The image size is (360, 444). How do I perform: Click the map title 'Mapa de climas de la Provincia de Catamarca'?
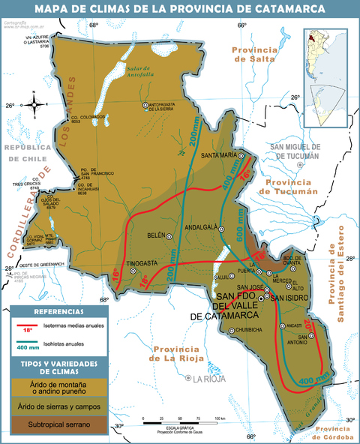(x=180, y=10)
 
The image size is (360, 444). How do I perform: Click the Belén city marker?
(x=169, y=236)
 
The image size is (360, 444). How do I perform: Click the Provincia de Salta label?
(x=254, y=54)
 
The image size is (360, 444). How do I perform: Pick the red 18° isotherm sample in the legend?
(x=27, y=327)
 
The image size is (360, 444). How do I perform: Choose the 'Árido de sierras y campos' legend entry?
(x=54, y=406)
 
